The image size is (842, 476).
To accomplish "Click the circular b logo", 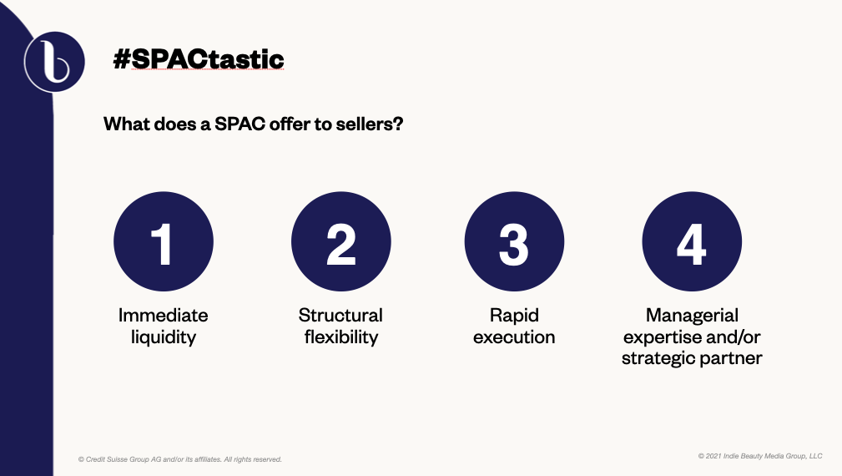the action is pos(54,62).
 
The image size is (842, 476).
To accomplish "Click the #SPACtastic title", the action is pos(198,59).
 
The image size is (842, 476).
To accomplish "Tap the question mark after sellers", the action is pos(398,124).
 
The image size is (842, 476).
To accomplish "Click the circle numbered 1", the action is pos(164,241).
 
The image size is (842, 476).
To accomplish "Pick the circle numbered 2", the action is pos(341,241).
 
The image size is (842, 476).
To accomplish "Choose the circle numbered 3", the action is pos(514,241).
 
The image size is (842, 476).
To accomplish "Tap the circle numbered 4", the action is pos(692,241).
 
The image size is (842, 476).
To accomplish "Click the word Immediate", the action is pos(164,315).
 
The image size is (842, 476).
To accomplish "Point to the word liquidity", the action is pos(164,337).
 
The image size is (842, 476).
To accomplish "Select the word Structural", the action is pos(340,315).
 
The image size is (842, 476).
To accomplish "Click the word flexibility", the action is pos(341,337).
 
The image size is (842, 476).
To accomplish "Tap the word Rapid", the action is pos(514,316).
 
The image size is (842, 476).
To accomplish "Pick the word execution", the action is pos(514,337).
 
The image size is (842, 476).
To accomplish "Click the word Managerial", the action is pos(692,316).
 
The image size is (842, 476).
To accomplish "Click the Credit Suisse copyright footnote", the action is pos(180,459).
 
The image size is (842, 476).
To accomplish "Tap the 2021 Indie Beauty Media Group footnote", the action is pos(760,456).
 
